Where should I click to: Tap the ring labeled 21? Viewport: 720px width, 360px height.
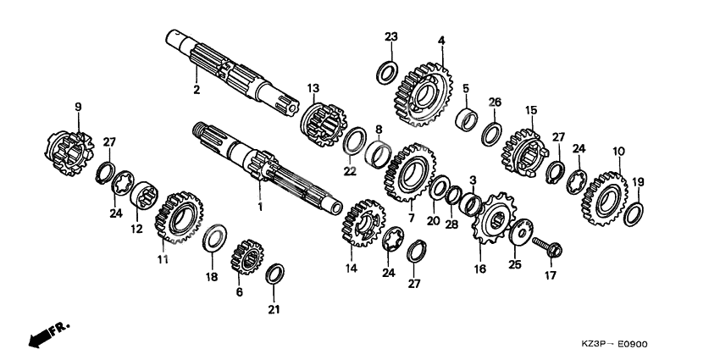click(x=275, y=274)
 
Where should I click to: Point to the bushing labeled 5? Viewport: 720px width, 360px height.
click(x=466, y=119)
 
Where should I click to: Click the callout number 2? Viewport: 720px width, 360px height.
click(x=197, y=89)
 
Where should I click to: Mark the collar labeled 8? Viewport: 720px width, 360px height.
click(x=379, y=154)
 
